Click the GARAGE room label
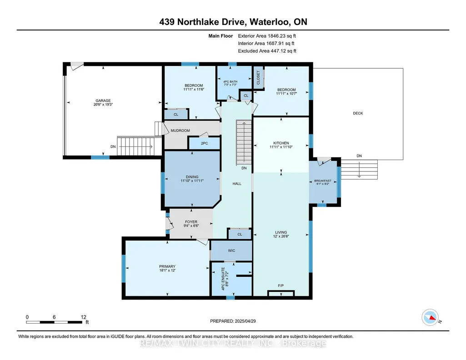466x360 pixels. (103, 101)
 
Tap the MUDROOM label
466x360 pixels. (180, 130)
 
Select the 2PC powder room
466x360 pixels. (205, 143)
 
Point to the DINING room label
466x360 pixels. (192, 177)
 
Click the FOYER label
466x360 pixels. (191, 222)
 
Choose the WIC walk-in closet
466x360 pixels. (231, 251)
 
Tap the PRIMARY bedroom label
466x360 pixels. (167, 266)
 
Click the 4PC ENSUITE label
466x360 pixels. (223, 279)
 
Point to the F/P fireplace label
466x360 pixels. (281, 286)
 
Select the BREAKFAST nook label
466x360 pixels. (323, 180)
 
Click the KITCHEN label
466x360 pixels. (281, 143)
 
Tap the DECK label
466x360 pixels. (358, 113)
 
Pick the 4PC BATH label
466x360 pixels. (230, 82)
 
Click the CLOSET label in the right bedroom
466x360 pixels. (258, 78)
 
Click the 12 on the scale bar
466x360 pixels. (84, 317)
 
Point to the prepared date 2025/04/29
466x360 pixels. (245, 321)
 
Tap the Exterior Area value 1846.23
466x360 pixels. (276, 36)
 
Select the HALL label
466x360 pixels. (237, 184)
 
